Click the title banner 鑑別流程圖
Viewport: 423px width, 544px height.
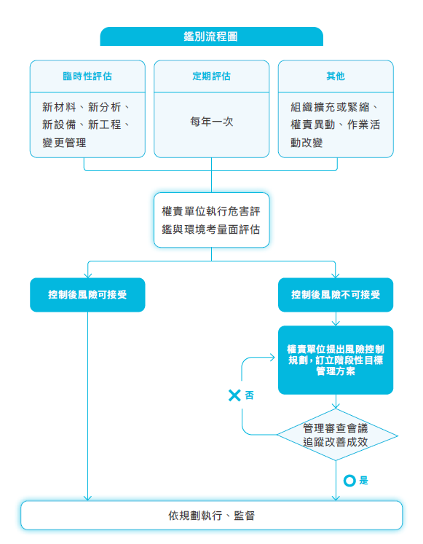coord(211,36)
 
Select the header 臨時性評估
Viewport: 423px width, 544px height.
coord(87,76)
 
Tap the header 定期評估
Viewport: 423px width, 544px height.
coord(211,76)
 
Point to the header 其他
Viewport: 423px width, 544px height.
coord(336,76)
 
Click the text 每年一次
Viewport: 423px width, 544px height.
coord(211,122)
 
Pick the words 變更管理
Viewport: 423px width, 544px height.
coord(64,143)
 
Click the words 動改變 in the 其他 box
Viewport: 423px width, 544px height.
coord(307,143)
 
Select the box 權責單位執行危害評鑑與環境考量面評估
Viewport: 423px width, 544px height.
coord(211,220)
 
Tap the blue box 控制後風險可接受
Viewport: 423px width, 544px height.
coord(87,294)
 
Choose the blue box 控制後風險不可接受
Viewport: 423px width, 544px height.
coord(336,294)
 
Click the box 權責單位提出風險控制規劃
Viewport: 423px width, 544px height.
coord(336,360)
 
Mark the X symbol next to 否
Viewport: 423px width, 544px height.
coord(234,395)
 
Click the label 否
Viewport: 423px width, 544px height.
coord(249,395)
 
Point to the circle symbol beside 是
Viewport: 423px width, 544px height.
coord(349,481)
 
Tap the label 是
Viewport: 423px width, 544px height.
coord(364,481)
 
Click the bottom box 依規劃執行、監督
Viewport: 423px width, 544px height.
coord(211,515)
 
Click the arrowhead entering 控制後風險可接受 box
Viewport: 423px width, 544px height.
coord(87,275)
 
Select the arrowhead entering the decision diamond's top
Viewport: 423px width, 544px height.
coord(336,406)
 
